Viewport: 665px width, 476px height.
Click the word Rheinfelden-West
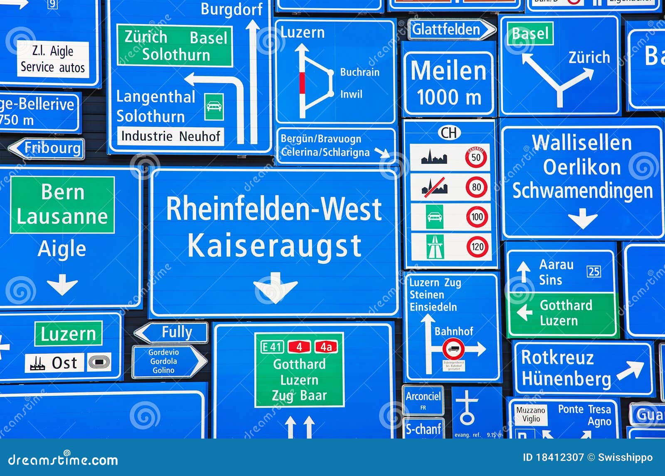point(273,209)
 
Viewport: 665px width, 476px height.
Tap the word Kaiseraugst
point(274,246)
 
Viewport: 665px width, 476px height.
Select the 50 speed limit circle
point(476,157)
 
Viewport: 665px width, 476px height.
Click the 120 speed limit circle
point(477,247)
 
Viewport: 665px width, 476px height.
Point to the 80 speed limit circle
point(476,187)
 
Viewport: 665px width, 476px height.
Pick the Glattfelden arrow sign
point(451,30)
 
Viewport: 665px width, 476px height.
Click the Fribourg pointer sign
point(47,148)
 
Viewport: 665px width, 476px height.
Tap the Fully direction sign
point(172,333)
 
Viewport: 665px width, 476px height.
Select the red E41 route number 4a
point(326,346)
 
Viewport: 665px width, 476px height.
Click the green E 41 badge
point(272,347)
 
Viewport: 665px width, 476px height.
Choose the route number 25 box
point(594,271)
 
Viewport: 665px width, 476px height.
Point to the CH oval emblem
point(449,133)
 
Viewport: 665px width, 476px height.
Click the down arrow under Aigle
point(62,284)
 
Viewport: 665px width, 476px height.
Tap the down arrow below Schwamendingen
point(583,218)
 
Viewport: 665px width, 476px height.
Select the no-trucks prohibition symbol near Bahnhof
point(453,348)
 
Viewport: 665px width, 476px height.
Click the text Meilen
point(448,71)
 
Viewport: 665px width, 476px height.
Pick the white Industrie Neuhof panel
point(170,136)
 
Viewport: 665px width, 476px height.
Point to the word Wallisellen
point(581,143)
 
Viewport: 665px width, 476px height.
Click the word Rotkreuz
point(557,358)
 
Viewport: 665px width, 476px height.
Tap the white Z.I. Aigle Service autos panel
point(53,59)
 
